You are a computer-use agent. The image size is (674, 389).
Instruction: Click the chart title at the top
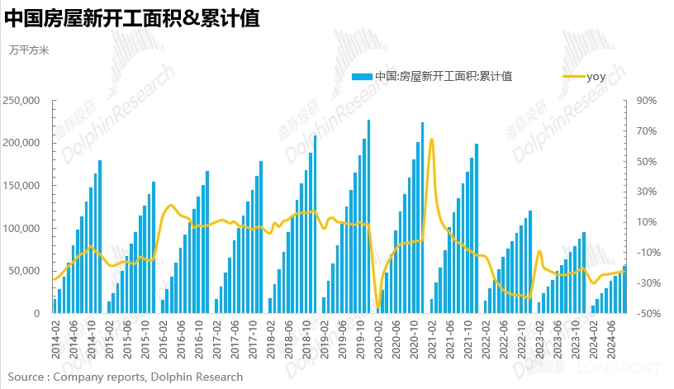(132, 19)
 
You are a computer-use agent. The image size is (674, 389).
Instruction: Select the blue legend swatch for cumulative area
(362, 77)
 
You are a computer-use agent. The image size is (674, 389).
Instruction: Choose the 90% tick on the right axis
(646, 101)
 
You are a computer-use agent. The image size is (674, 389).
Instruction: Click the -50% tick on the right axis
(645, 314)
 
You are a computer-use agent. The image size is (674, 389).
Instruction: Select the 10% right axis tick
(646, 222)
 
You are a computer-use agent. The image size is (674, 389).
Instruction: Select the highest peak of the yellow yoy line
(432, 140)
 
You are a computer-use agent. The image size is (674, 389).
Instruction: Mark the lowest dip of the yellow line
(378, 307)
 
